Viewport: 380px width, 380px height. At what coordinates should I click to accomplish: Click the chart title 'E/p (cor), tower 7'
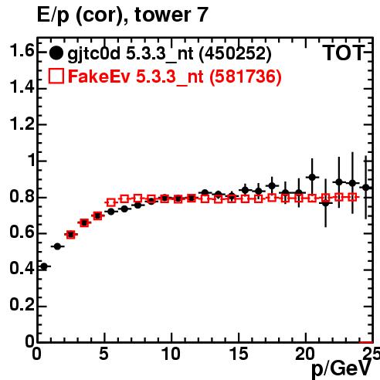(122, 15)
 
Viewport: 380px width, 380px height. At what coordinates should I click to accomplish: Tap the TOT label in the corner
(344, 53)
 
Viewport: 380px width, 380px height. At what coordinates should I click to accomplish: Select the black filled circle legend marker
(56, 53)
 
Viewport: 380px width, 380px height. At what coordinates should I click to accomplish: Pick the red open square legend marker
(56, 76)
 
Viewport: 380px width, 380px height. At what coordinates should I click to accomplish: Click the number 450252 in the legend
(236, 53)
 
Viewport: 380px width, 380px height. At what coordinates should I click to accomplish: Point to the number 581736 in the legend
(246, 76)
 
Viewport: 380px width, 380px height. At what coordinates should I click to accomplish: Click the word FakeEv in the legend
(99, 76)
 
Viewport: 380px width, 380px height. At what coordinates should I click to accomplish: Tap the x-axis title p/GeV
(341, 369)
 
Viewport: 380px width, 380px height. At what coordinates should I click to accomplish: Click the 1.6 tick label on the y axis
(22, 50)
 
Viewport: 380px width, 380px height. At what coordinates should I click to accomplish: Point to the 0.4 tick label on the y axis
(22, 268)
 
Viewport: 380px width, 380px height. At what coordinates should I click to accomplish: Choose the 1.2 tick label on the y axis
(22, 124)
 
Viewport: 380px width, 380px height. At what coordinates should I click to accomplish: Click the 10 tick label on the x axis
(171, 354)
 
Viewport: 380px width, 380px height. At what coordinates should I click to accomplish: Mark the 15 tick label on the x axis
(239, 354)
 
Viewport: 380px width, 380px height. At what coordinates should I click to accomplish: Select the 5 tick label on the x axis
(103, 354)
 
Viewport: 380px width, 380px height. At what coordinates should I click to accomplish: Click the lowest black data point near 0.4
(44, 266)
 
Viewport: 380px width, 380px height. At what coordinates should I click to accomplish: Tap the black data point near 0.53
(57, 246)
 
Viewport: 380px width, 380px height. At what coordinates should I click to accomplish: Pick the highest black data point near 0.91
(312, 177)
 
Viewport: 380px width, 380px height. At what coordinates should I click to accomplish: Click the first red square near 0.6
(71, 234)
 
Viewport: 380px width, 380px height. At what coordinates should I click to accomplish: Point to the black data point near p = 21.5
(326, 203)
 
